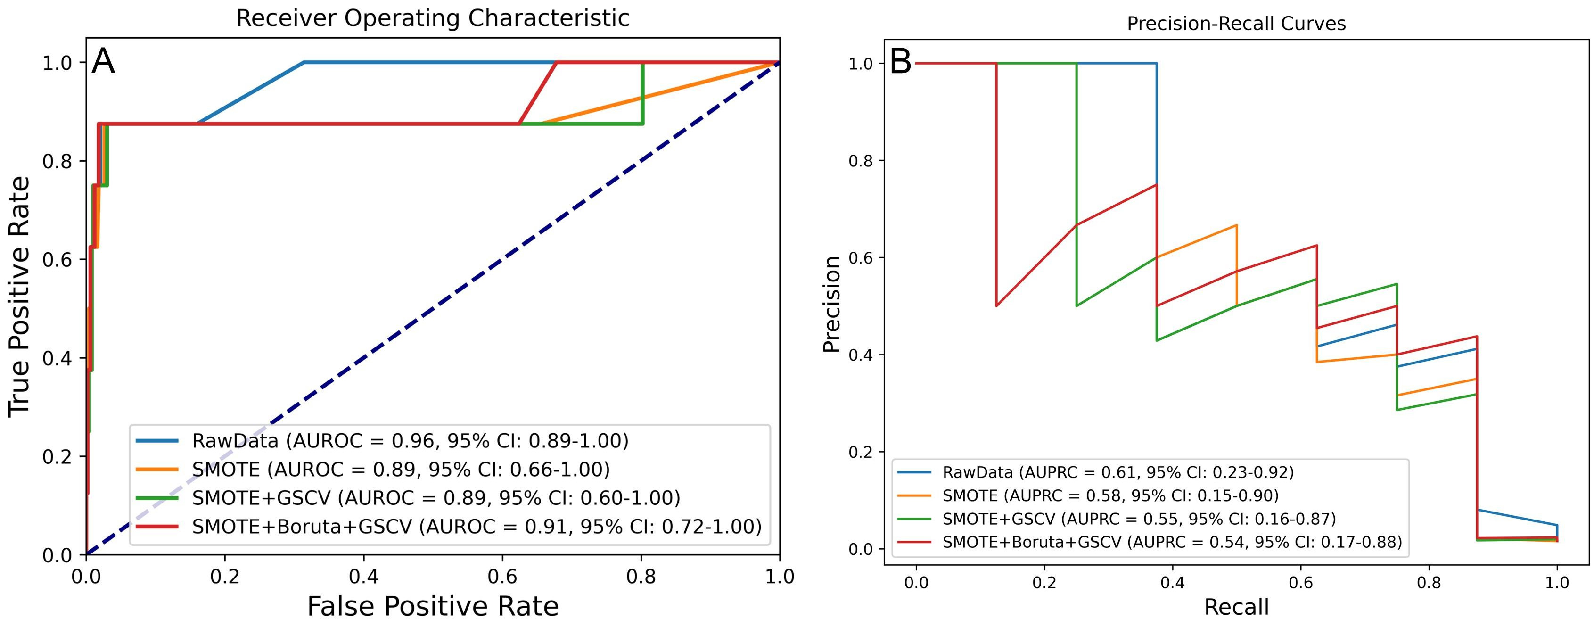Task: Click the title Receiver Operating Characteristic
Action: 433,18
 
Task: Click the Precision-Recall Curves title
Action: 1236,24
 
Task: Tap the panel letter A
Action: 103,62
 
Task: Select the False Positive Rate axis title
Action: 433,605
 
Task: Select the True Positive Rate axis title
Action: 20,296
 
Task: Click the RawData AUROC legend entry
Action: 410,441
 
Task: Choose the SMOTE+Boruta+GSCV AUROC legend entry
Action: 477,526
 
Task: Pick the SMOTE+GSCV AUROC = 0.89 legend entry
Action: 435,498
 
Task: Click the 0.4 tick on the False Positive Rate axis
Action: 364,576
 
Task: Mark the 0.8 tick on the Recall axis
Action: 1429,583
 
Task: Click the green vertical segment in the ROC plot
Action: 643,93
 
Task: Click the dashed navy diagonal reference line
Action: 433,308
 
